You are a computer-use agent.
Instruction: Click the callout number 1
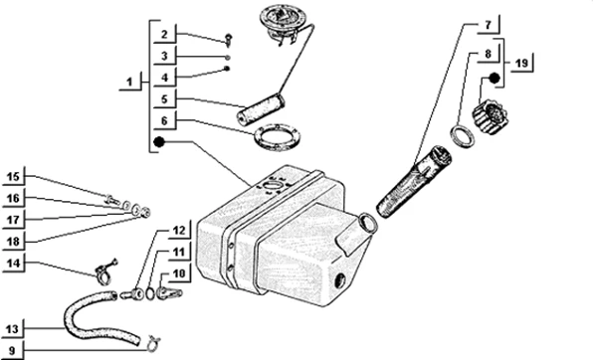click(x=129, y=82)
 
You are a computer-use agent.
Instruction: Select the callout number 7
click(x=488, y=25)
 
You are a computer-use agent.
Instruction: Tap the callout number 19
click(x=521, y=63)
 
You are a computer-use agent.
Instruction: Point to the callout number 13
click(x=12, y=328)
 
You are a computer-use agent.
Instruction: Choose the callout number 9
click(x=12, y=350)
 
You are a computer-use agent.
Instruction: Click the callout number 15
click(x=13, y=177)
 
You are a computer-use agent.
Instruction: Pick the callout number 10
click(x=179, y=273)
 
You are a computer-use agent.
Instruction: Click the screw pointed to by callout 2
click(x=228, y=40)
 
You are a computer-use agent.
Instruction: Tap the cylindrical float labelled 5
click(x=261, y=109)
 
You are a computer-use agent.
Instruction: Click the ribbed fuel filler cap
click(x=491, y=116)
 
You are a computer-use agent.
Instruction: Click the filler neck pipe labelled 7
click(x=414, y=182)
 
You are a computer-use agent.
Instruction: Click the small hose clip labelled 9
click(x=153, y=344)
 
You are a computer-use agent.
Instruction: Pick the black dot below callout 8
click(x=494, y=79)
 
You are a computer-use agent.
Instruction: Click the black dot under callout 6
click(x=159, y=142)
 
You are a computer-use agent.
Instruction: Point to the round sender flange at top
click(x=283, y=20)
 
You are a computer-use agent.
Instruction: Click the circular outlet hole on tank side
click(x=340, y=281)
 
